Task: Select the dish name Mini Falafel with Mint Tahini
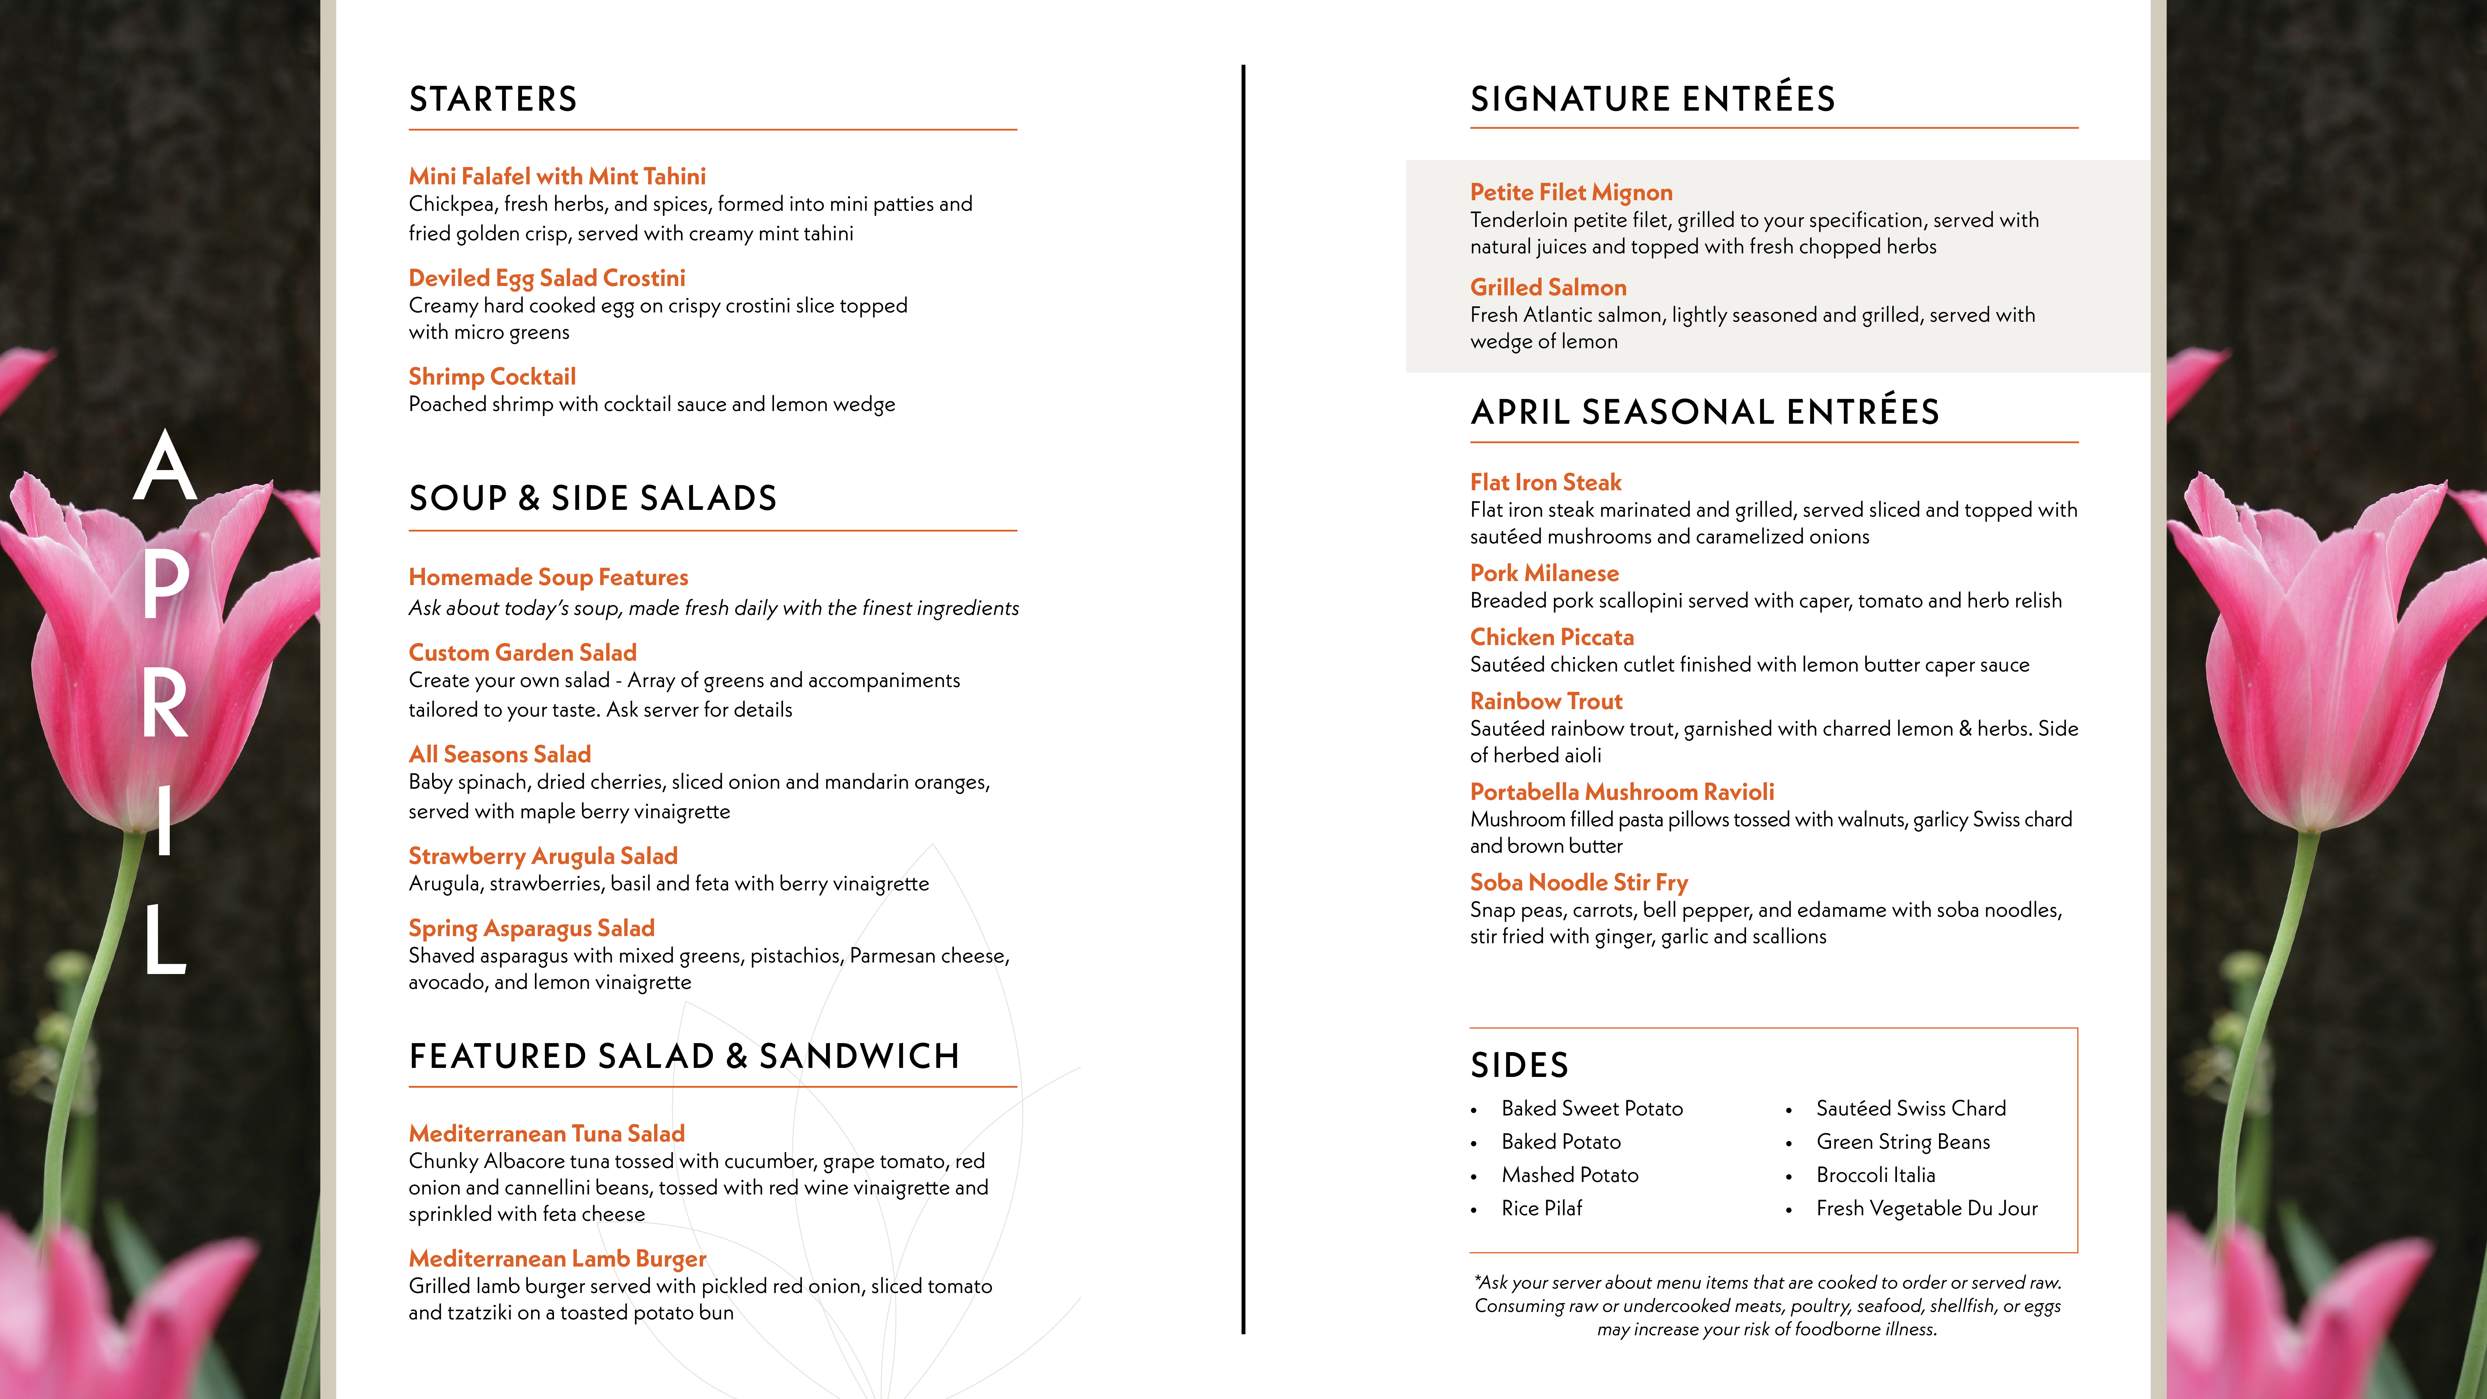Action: click(x=557, y=177)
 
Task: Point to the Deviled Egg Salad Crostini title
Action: click(x=547, y=278)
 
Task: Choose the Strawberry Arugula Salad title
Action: click(x=542, y=856)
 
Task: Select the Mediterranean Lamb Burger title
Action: click(x=557, y=1259)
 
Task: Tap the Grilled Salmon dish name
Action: click(x=1548, y=288)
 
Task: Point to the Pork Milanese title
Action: click(x=1544, y=574)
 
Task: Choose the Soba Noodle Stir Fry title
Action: click(x=1579, y=883)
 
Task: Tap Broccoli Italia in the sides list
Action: click(x=1875, y=1175)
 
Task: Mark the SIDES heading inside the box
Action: click(x=1519, y=1065)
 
